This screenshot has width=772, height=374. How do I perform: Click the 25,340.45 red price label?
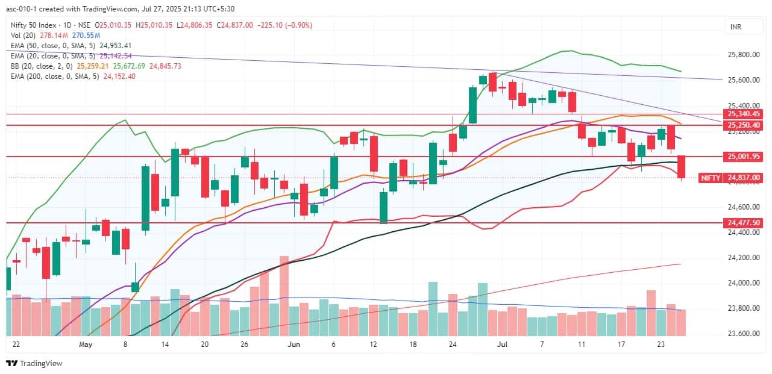pos(744,114)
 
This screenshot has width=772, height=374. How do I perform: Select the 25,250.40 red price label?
pos(744,125)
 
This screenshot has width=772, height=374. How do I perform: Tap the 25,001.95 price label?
pos(744,157)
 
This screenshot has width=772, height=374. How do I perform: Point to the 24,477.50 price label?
pos(744,223)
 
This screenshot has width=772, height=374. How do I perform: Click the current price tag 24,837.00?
pos(744,178)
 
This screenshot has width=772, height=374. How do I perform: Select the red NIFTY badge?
pos(710,178)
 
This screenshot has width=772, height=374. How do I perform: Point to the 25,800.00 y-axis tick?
pos(744,55)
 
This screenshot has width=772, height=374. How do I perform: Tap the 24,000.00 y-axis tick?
pos(744,283)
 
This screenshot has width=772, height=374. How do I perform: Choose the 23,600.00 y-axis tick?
pos(744,334)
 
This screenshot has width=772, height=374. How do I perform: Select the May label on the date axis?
pos(85,345)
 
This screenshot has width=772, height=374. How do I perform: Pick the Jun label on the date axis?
pos(293,345)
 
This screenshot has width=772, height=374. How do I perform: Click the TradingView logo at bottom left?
pos(34,363)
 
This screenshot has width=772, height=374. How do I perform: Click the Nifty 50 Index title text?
pos(34,25)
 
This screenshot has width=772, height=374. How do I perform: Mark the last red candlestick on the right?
pos(682,167)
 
